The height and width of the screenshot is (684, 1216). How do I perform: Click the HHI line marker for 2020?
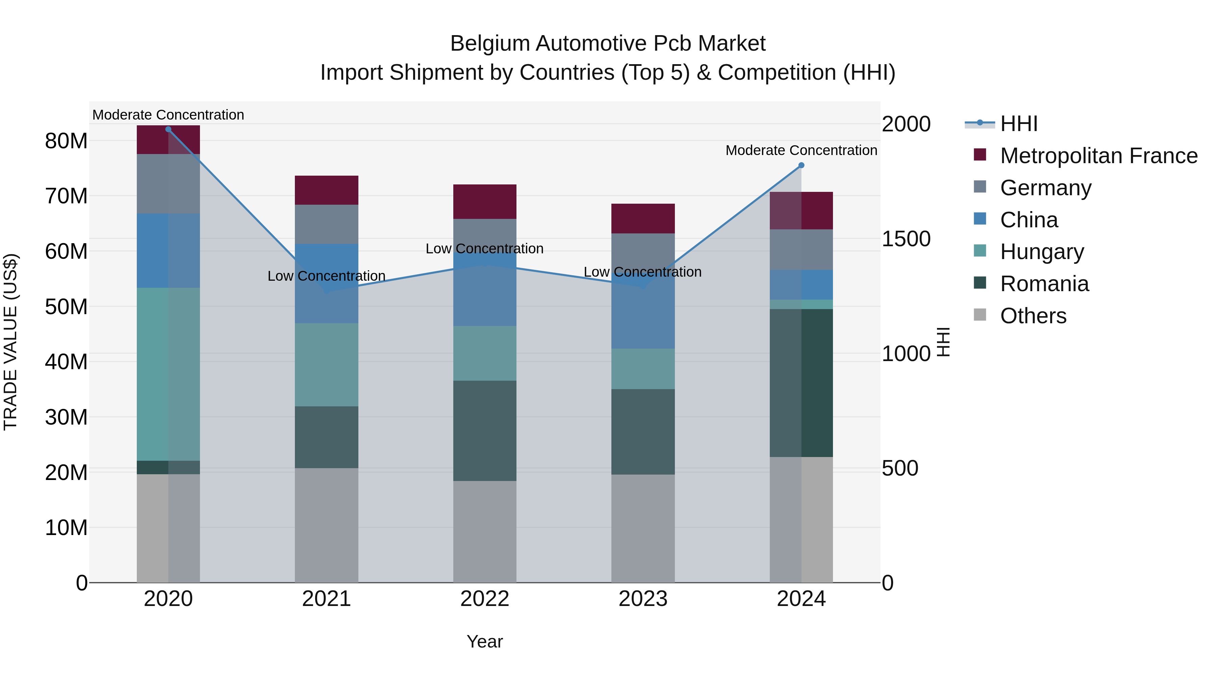168,129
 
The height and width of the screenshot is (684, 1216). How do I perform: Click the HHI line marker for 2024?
801,165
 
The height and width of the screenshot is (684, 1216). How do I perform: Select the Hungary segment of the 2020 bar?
168,374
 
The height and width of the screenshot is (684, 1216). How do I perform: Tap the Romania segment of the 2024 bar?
801,382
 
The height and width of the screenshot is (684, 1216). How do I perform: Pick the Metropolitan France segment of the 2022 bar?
485,202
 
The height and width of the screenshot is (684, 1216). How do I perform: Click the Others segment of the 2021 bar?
326,525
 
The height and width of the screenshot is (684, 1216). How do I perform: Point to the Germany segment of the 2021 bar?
326,224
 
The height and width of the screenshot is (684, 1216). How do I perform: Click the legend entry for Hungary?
1042,252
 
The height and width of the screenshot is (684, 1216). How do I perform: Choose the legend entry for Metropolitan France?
1098,156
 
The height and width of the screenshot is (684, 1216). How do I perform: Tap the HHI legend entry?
1019,124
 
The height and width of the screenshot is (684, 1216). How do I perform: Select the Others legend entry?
1033,316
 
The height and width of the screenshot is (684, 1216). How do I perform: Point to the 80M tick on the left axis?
66,141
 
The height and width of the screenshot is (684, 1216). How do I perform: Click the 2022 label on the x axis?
485,599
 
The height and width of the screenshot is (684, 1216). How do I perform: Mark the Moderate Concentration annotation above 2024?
801,150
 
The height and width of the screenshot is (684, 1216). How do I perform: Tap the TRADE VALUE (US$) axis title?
10,342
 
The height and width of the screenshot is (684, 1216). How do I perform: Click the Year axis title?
485,641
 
